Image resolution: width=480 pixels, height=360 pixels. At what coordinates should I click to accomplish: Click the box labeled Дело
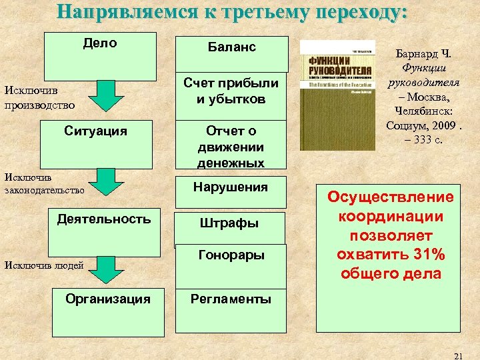tap(100, 55)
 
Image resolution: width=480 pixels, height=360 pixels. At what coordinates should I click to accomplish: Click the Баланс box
tap(231, 51)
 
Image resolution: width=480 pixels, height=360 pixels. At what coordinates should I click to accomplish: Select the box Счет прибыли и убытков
tap(231, 91)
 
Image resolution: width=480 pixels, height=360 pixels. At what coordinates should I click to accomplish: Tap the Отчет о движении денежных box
tap(231, 145)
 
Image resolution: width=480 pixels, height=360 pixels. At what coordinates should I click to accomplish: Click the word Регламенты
tap(231, 299)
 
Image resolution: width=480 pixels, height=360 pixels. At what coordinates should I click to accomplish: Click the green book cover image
tap(333, 95)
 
